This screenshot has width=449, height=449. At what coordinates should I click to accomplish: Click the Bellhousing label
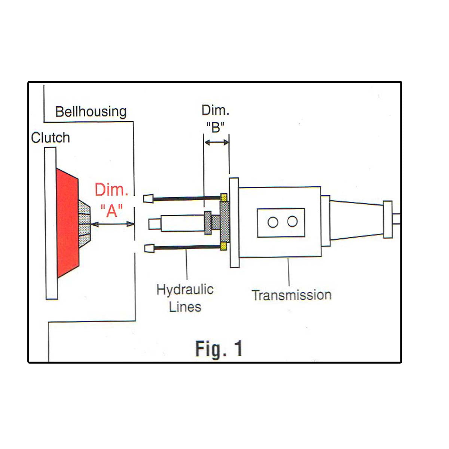pyautogui.click(x=91, y=112)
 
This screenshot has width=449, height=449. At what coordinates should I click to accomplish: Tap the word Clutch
pyautogui.click(x=51, y=138)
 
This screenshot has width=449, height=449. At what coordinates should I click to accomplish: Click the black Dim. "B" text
pyautogui.click(x=216, y=119)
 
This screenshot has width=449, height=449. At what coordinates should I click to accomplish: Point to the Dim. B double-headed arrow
pyautogui.click(x=217, y=142)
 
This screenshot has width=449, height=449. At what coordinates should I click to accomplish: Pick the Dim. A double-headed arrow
pyautogui.click(x=112, y=224)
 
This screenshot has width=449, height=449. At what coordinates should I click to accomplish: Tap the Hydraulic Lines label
pyautogui.click(x=185, y=298)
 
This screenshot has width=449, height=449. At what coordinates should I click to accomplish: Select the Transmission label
pyautogui.click(x=291, y=295)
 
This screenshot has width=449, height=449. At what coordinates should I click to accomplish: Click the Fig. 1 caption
pyautogui.click(x=219, y=349)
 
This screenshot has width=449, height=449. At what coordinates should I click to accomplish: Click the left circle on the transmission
pyautogui.click(x=273, y=222)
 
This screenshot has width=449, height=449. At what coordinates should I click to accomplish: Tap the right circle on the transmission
pyautogui.click(x=292, y=222)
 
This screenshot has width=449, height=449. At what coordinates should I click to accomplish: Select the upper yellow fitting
pyautogui.click(x=224, y=197)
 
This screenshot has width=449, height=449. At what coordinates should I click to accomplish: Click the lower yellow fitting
pyautogui.click(x=224, y=246)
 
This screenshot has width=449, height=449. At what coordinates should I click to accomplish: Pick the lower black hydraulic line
pyautogui.click(x=187, y=247)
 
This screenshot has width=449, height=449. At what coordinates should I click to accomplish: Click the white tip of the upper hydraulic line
pyautogui.click(x=148, y=198)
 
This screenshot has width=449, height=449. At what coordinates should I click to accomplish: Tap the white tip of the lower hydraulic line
pyautogui.click(x=149, y=248)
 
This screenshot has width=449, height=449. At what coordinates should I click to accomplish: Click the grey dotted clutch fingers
pyautogui.click(x=85, y=224)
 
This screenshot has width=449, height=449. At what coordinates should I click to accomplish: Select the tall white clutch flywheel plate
pyautogui.click(x=51, y=223)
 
